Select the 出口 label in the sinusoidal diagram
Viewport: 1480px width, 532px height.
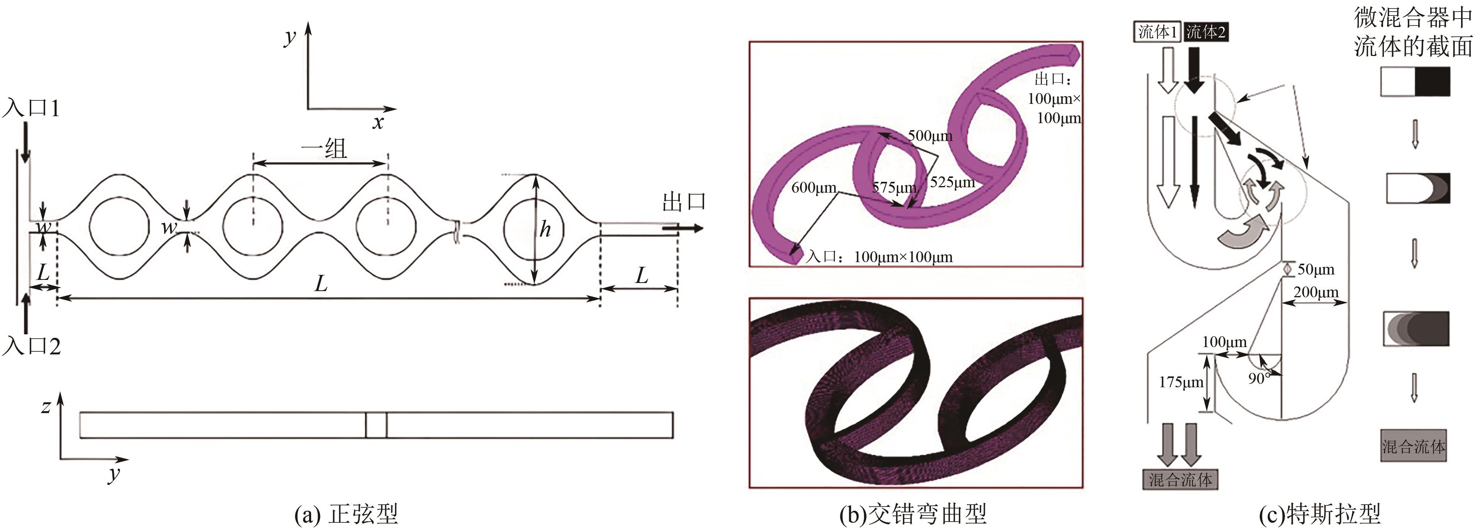point(684,202)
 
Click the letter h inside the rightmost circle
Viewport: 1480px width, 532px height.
point(545,230)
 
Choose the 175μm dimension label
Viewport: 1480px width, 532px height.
point(1181,382)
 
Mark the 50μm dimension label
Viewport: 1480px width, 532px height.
point(1316,269)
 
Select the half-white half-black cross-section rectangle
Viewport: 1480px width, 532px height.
point(1415,81)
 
